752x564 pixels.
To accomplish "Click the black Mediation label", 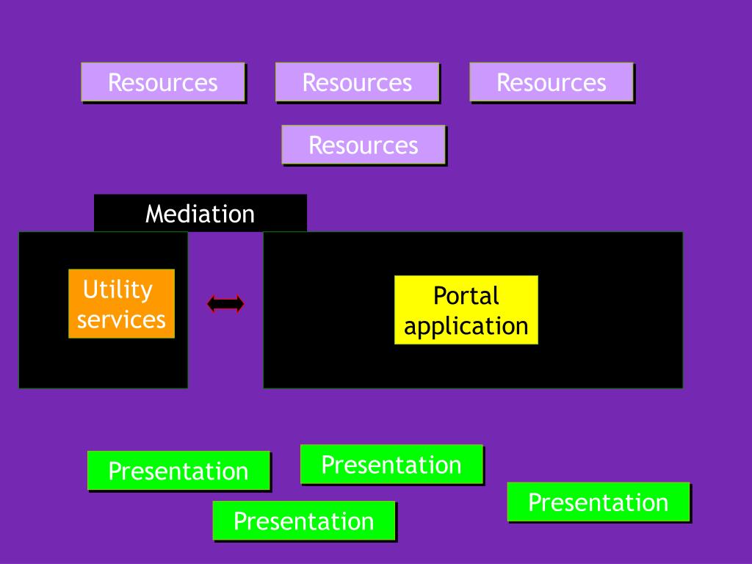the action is pyautogui.click(x=200, y=213).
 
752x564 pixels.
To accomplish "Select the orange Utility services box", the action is pyautogui.click(x=121, y=303).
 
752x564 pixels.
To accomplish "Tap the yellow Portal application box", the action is pyautogui.click(x=466, y=310).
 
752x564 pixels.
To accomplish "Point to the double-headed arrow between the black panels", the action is pyautogui.click(x=225, y=303).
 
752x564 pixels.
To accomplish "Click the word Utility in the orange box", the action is pyautogui.click(x=118, y=289).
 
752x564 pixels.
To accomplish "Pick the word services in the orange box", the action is pyautogui.click(x=121, y=320).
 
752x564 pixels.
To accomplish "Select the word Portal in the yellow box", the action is pyautogui.click(x=466, y=295).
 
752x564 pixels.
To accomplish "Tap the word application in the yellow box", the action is pyautogui.click(x=466, y=327).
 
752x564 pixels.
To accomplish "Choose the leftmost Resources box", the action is pyautogui.click(x=163, y=82).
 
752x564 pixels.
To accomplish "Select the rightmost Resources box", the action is pyautogui.click(x=552, y=82).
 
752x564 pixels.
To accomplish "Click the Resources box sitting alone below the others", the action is pyautogui.click(x=364, y=145).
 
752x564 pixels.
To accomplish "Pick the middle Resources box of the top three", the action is pyautogui.click(x=358, y=82).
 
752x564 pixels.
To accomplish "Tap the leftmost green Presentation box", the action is pyautogui.click(x=179, y=471).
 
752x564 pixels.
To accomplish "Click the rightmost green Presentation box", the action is pyautogui.click(x=599, y=502).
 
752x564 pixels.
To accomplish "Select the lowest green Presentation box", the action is pyautogui.click(x=304, y=521).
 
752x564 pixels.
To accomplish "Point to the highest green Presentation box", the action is pyautogui.click(x=392, y=464).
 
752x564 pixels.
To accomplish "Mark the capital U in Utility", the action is pyautogui.click(x=90, y=289).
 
